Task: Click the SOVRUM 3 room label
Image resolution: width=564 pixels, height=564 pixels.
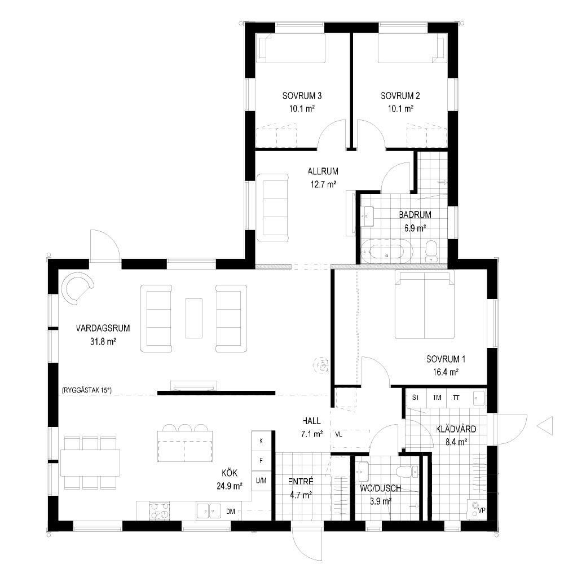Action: pos(302,96)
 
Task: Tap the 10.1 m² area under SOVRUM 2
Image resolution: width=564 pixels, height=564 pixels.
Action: pos(400,109)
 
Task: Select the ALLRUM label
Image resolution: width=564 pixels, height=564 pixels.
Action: pos(323,171)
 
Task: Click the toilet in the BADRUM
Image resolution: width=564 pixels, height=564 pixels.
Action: pos(431,250)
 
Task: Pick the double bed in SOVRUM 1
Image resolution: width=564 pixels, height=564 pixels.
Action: pos(425,305)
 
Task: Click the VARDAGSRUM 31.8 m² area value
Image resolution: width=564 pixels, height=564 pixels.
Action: pos(103,341)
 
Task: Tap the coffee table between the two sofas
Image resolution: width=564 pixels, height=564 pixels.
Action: pos(194,318)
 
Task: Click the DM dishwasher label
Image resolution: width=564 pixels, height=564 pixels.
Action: pos(231,511)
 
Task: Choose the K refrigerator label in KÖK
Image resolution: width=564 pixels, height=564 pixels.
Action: pos(261,440)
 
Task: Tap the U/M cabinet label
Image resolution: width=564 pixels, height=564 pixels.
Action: pos(261,480)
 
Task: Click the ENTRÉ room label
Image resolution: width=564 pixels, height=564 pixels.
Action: pos(301,482)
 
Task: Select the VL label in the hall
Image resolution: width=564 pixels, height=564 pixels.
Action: pos(338,434)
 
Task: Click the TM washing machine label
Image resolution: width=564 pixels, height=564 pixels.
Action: pos(437,398)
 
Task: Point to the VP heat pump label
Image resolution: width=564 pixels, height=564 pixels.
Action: pos(482,510)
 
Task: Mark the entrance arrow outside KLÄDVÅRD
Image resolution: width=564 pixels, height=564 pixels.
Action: pos(545,426)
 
